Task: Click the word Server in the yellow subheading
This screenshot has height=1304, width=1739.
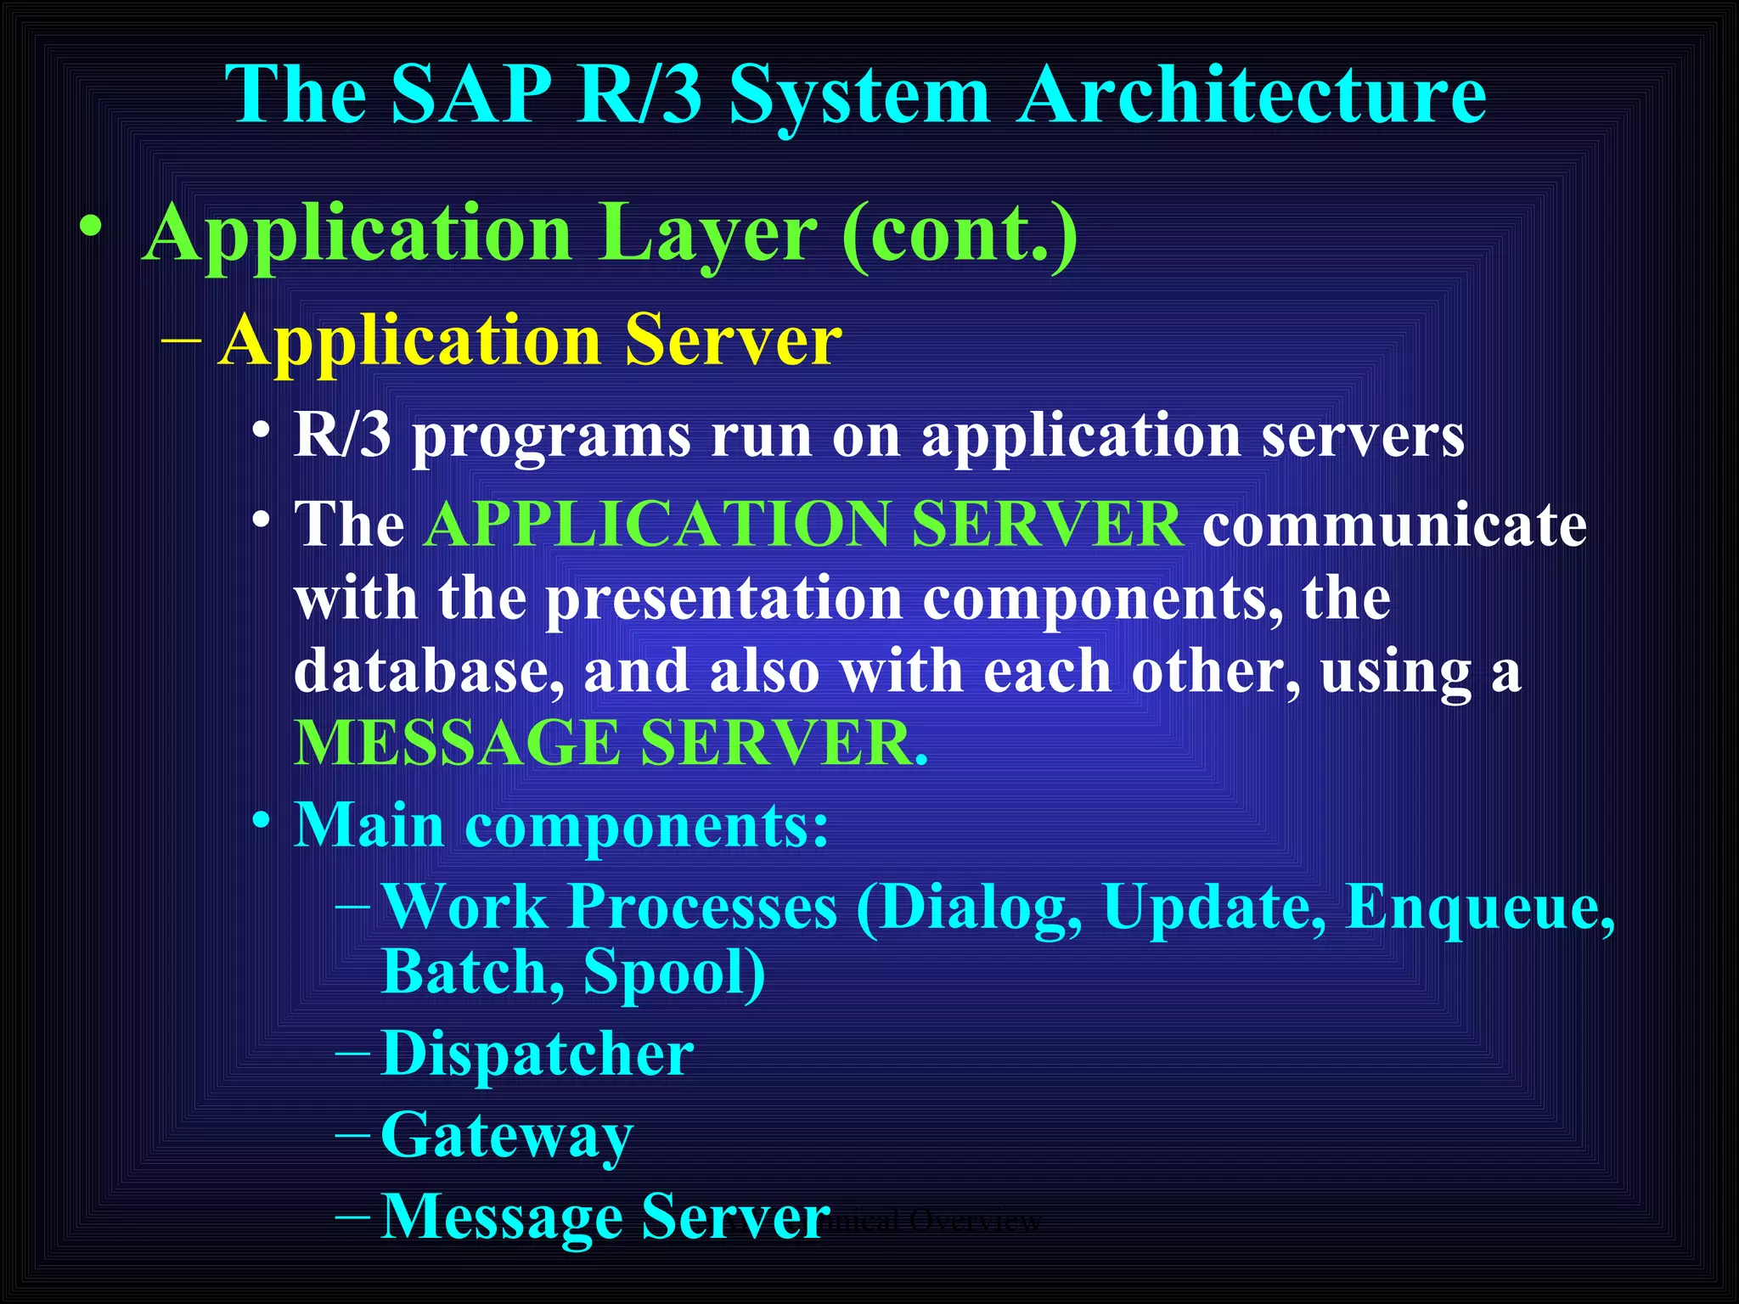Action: coord(733,340)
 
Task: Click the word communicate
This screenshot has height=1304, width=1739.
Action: coord(1393,525)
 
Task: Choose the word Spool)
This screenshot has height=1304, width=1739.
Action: coord(674,971)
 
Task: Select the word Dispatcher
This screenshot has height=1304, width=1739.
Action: coord(537,1054)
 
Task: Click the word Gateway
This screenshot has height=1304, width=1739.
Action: coord(507,1136)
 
